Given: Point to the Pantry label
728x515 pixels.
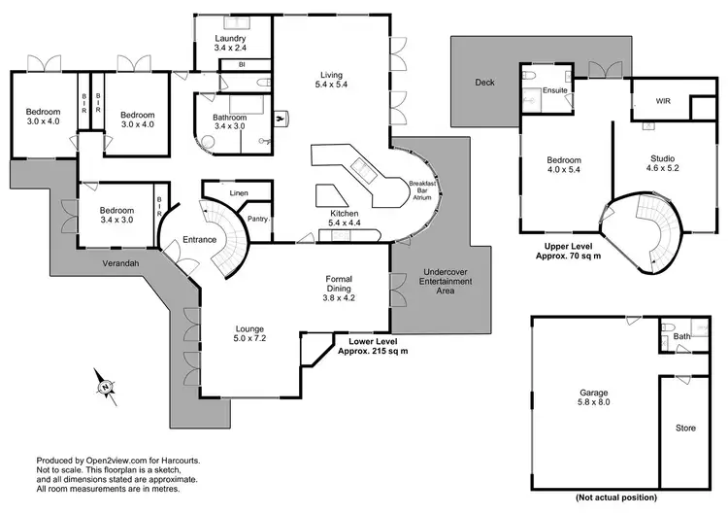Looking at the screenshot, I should tap(257, 219).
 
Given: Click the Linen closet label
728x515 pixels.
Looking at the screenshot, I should tap(239, 193).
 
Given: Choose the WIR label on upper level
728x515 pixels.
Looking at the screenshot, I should tap(663, 100).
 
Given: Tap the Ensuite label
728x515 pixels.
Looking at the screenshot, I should tap(555, 89).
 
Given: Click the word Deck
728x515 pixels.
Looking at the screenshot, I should tap(484, 83).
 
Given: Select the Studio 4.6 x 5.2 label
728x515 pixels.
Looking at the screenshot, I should tap(662, 163).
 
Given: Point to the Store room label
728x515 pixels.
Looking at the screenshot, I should tap(685, 427).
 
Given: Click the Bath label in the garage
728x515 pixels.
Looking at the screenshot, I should tap(682, 336).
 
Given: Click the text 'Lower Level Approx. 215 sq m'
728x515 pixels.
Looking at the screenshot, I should tap(373, 347).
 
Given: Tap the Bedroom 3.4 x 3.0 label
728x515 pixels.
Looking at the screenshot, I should tap(117, 215).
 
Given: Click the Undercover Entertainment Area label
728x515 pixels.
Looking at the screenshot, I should tap(446, 282).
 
